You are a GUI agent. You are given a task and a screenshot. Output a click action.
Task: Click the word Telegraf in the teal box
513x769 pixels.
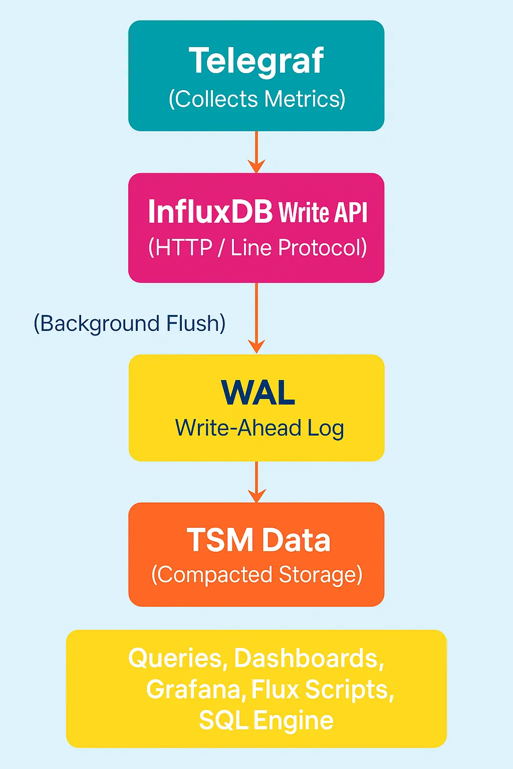tap(256, 61)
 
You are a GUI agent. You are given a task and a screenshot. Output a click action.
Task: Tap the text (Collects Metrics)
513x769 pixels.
tap(256, 99)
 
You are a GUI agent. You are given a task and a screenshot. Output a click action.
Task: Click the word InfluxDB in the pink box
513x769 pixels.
tap(210, 211)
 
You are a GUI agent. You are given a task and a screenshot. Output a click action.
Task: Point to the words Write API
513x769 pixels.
tap(323, 212)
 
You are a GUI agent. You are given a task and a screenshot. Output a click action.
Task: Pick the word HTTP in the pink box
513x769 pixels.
tap(184, 248)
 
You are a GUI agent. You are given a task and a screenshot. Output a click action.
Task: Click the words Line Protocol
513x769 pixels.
tap(299, 248)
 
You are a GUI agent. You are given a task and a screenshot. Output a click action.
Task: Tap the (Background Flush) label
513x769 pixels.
tap(129, 323)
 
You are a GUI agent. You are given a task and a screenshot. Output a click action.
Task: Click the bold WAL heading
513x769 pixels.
tap(258, 393)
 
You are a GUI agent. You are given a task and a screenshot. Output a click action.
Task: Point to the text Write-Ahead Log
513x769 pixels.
tap(259, 429)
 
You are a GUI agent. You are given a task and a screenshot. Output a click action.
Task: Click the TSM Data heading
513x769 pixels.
tap(259, 540)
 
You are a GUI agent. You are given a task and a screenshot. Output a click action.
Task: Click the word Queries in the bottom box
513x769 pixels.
tap(175, 658)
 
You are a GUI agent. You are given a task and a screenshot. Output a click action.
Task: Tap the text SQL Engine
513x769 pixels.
tap(266, 721)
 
